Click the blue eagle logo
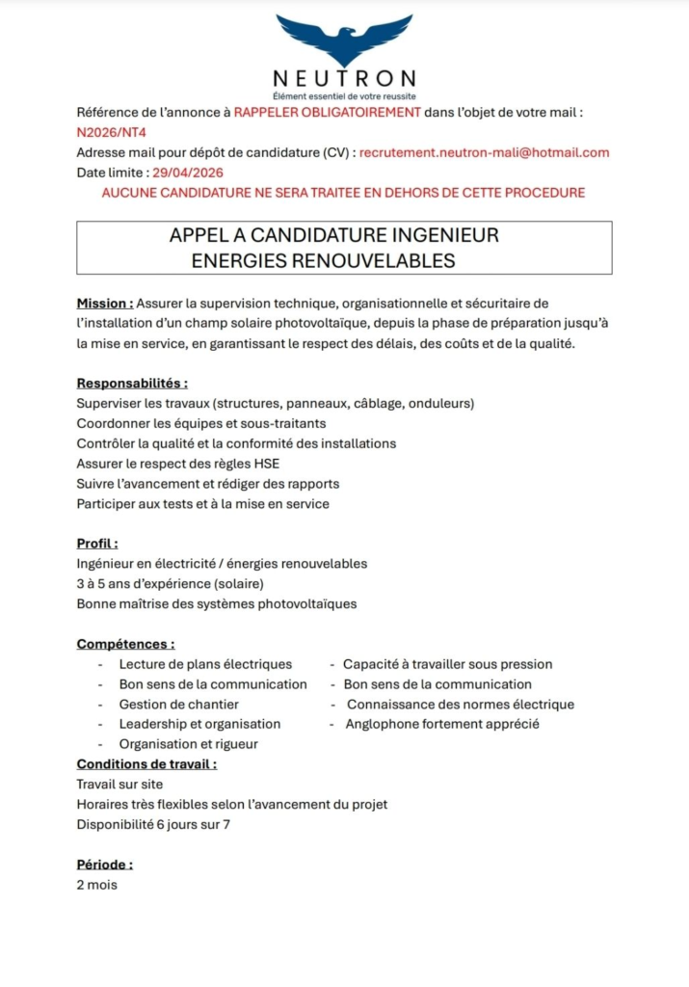(344, 40)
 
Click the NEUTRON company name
(344, 79)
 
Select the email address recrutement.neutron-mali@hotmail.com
(484, 152)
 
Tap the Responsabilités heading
(132, 383)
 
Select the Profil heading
(97, 544)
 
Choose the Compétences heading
(125, 644)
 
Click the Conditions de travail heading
(146, 764)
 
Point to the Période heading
(104, 865)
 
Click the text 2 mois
(96, 885)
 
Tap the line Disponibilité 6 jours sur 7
(153, 824)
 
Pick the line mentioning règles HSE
(178, 464)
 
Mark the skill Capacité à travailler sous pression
(447, 664)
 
